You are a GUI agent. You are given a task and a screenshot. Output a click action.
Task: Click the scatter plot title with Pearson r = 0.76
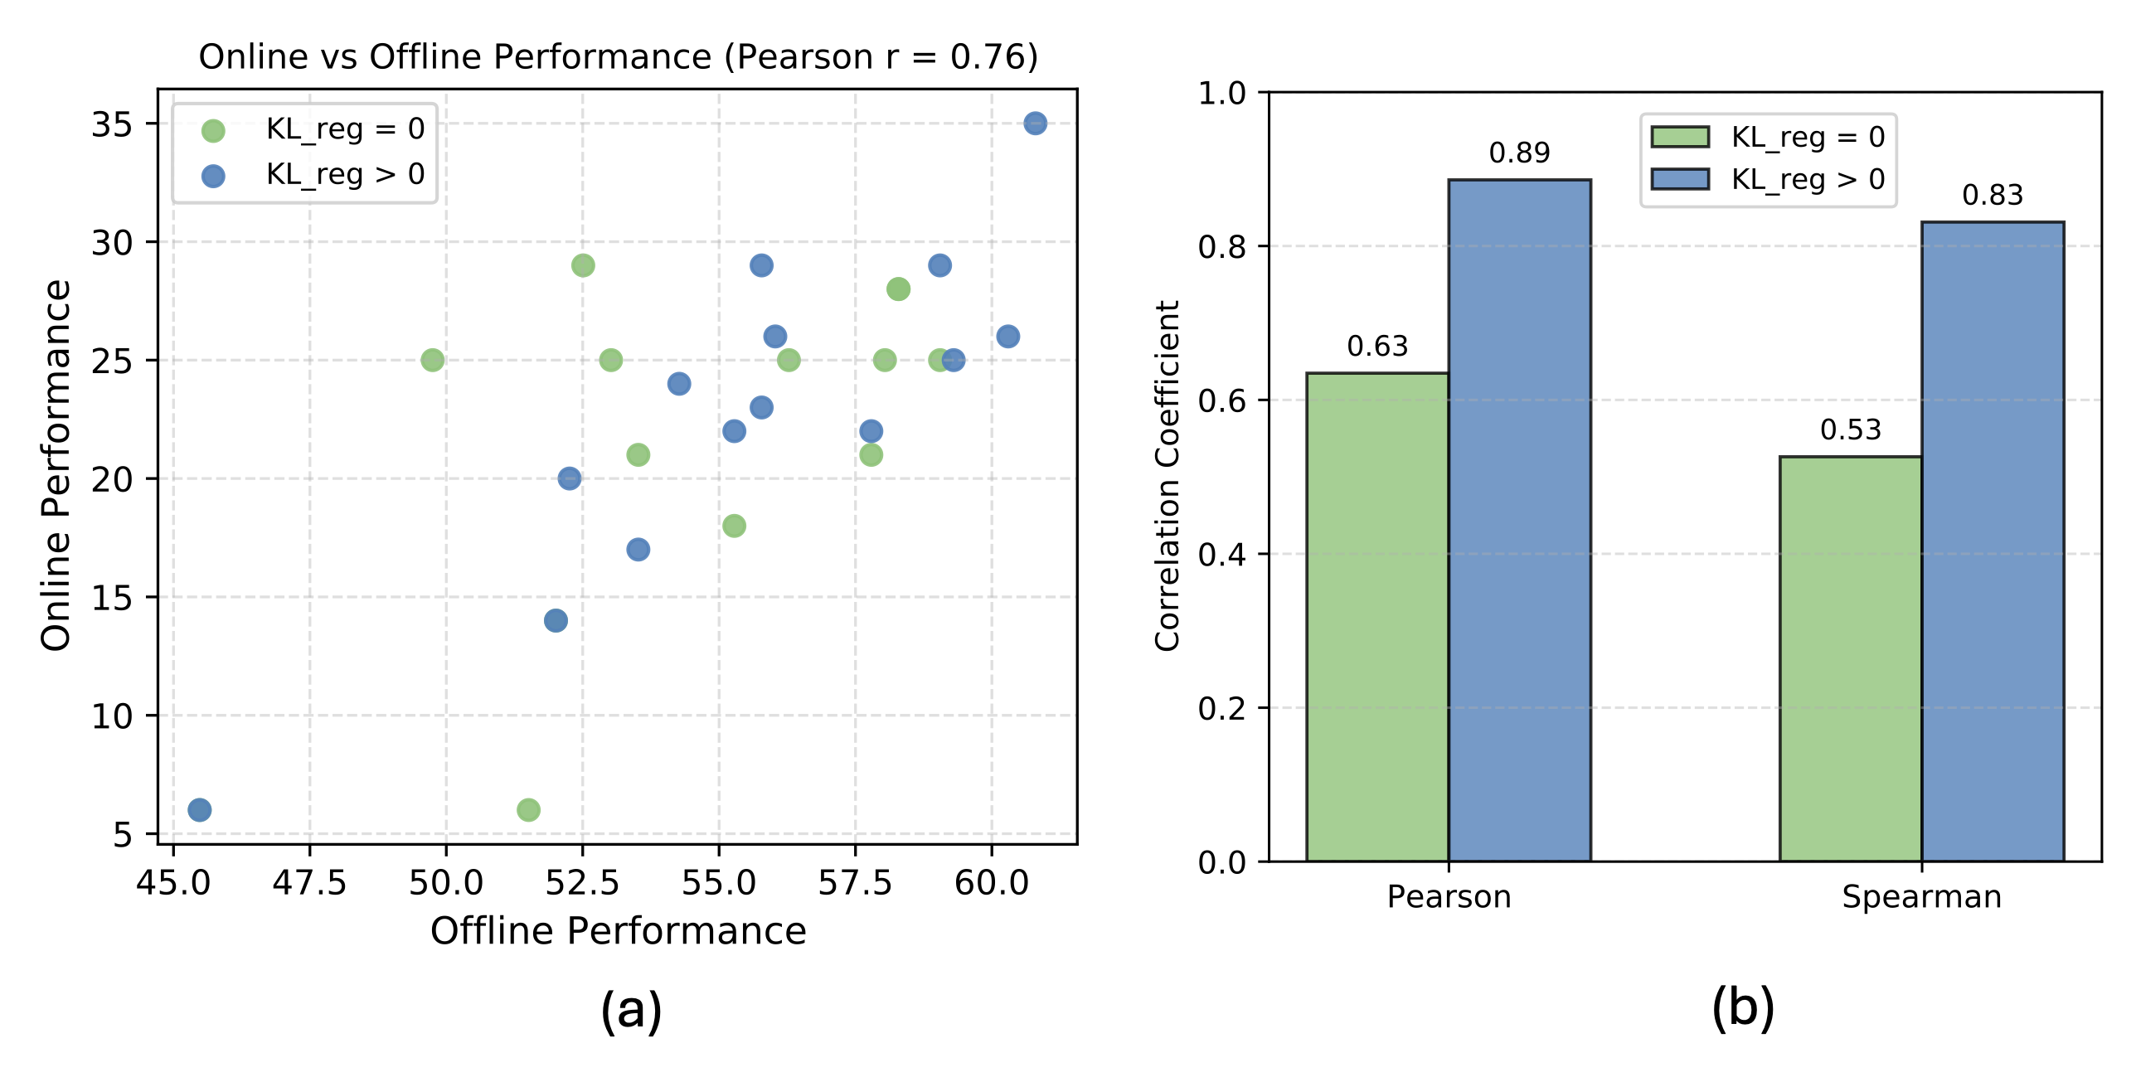point(618,56)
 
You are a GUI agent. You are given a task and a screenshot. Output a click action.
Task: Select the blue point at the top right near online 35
point(1035,124)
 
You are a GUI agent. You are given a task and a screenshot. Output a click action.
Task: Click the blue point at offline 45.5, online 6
point(199,809)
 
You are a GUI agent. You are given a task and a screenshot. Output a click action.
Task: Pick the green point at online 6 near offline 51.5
point(528,809)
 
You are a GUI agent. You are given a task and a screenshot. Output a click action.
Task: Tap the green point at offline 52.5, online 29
point(583,265)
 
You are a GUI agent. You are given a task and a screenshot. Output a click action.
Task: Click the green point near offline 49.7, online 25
point(432,360)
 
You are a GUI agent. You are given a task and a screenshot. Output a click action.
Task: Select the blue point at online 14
point(556,620)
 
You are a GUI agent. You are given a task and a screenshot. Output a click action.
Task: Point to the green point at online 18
point(734,526)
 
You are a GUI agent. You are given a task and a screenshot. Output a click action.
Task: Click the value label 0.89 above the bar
point(1519,153)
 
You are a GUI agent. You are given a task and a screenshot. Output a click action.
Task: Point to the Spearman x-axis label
point(1921,897)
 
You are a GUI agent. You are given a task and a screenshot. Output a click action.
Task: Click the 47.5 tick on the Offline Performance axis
point(309,883)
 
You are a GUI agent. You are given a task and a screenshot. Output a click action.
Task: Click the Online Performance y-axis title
point(56,465)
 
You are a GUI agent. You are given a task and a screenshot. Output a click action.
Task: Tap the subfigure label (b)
point(1742,1008)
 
